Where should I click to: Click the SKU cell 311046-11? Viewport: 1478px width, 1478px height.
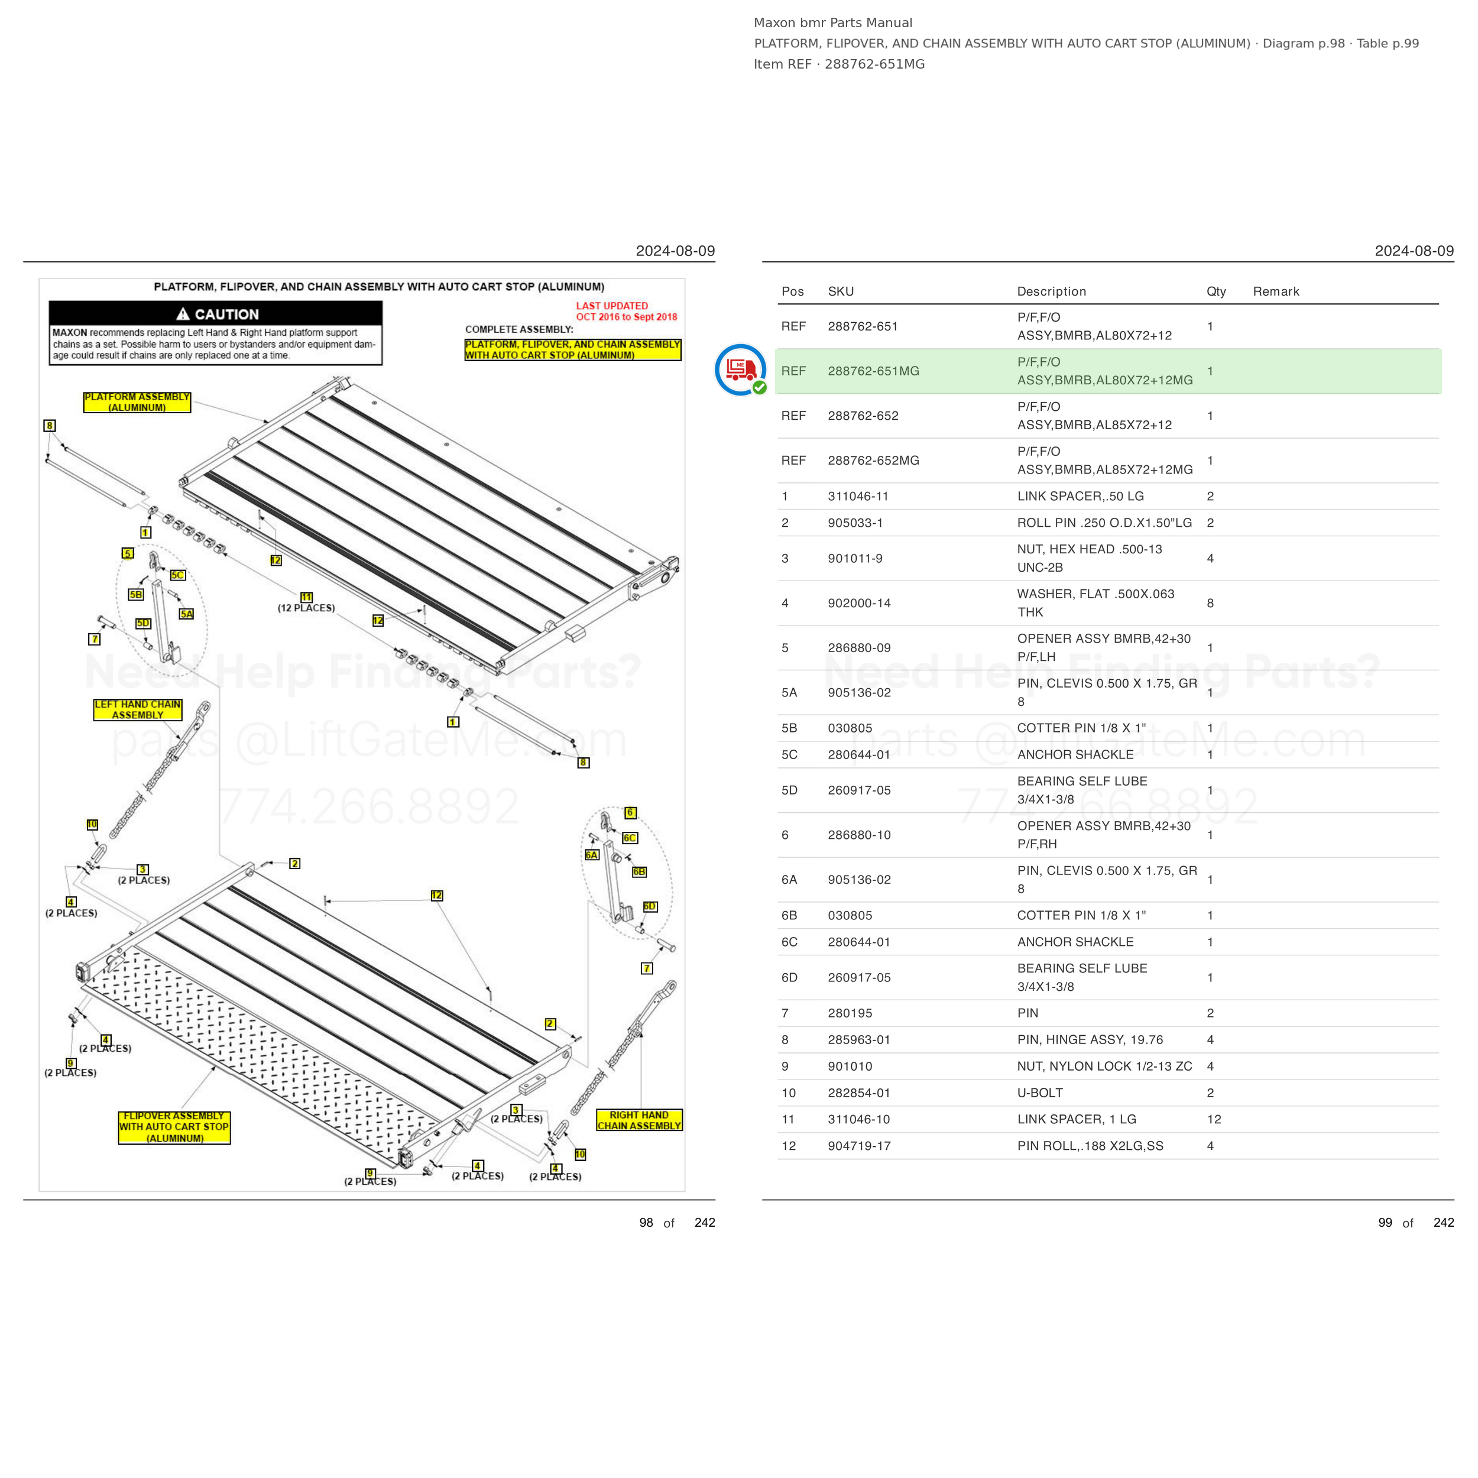coord(858,497)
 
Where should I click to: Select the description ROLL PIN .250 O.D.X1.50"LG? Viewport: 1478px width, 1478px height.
coord(1104,523)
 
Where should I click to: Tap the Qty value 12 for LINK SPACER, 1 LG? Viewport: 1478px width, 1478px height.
coord(1214,1119)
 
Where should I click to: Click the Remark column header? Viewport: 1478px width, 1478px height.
coord(1276,291)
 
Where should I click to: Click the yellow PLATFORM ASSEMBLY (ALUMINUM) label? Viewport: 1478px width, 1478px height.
coord(137,403)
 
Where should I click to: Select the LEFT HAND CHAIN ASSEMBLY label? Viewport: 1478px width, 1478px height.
coord(138,710)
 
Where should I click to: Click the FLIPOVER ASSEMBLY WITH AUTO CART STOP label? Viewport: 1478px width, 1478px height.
coord(174,1127)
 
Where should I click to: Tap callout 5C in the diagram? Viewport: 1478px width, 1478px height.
coord(177,575)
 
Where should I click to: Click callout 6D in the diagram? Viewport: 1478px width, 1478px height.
coord(650,906)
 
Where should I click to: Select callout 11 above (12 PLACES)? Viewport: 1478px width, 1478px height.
coord(307,597)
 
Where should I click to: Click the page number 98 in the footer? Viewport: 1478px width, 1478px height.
coord(646,1223)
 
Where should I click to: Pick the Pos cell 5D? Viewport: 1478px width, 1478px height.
coord(789,790)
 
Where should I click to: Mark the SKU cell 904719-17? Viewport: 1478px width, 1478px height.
coord(859,1146)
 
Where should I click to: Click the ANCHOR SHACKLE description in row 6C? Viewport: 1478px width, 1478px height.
coord(1075,942)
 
